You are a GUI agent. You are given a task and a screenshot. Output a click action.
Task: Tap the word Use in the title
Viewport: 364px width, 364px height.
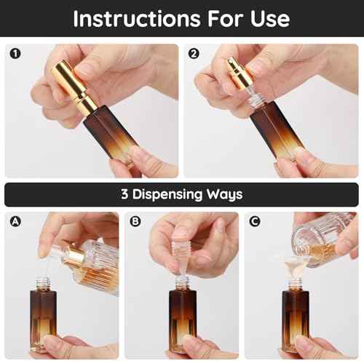[266, 18]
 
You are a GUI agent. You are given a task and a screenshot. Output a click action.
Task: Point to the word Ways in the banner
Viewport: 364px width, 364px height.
[225, 194]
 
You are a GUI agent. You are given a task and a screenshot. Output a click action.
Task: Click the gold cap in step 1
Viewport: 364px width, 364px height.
[73, 80]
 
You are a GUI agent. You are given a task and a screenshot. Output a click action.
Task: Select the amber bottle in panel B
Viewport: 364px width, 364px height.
[182, 320]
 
